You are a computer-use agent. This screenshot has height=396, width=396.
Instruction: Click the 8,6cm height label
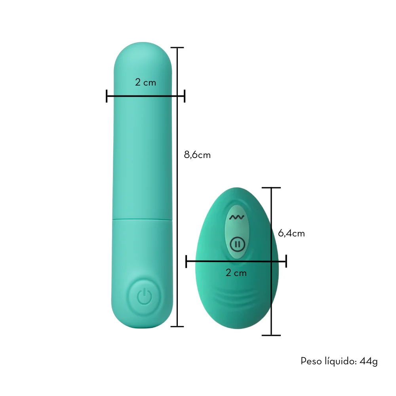pyautogui.click(x=197, y=154)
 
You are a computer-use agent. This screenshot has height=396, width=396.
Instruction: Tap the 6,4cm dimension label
pyautogui.click(x=291, y=233)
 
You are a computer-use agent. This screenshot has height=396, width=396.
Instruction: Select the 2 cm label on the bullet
pyautogui.click(x=145, y=82)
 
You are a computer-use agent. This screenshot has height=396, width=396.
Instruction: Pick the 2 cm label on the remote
pyautogui.click(x=236, y=273)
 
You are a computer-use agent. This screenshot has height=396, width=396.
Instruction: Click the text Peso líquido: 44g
pyautogui.click(x=339, y=362)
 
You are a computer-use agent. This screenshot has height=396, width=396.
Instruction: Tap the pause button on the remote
pyautogui.click(x=237, y=244)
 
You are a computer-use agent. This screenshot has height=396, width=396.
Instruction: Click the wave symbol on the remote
pyautogui.click(x=237, y=217)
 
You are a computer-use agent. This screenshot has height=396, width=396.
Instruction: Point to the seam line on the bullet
pyautogui.click(x=142, y=220)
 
